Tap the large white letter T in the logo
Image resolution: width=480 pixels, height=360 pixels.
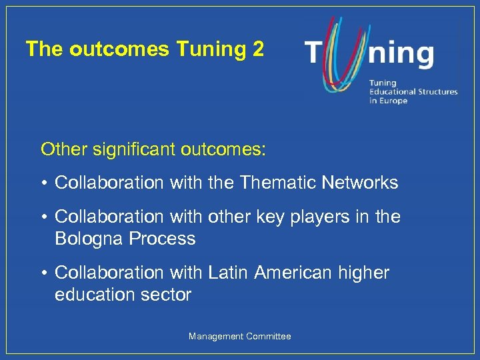point(315,54)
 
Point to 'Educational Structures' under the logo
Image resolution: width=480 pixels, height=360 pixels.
point(413,92)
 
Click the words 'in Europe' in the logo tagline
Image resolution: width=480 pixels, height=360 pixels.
point(388,101)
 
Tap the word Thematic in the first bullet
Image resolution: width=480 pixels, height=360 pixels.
point(278,183)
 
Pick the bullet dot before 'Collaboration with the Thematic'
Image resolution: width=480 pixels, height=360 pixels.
point(45,183)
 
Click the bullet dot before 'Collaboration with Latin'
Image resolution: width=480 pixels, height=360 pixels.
point(45,273)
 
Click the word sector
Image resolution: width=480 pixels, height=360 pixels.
point(169,294)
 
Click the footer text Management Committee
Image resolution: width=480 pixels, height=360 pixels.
point(240,337)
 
